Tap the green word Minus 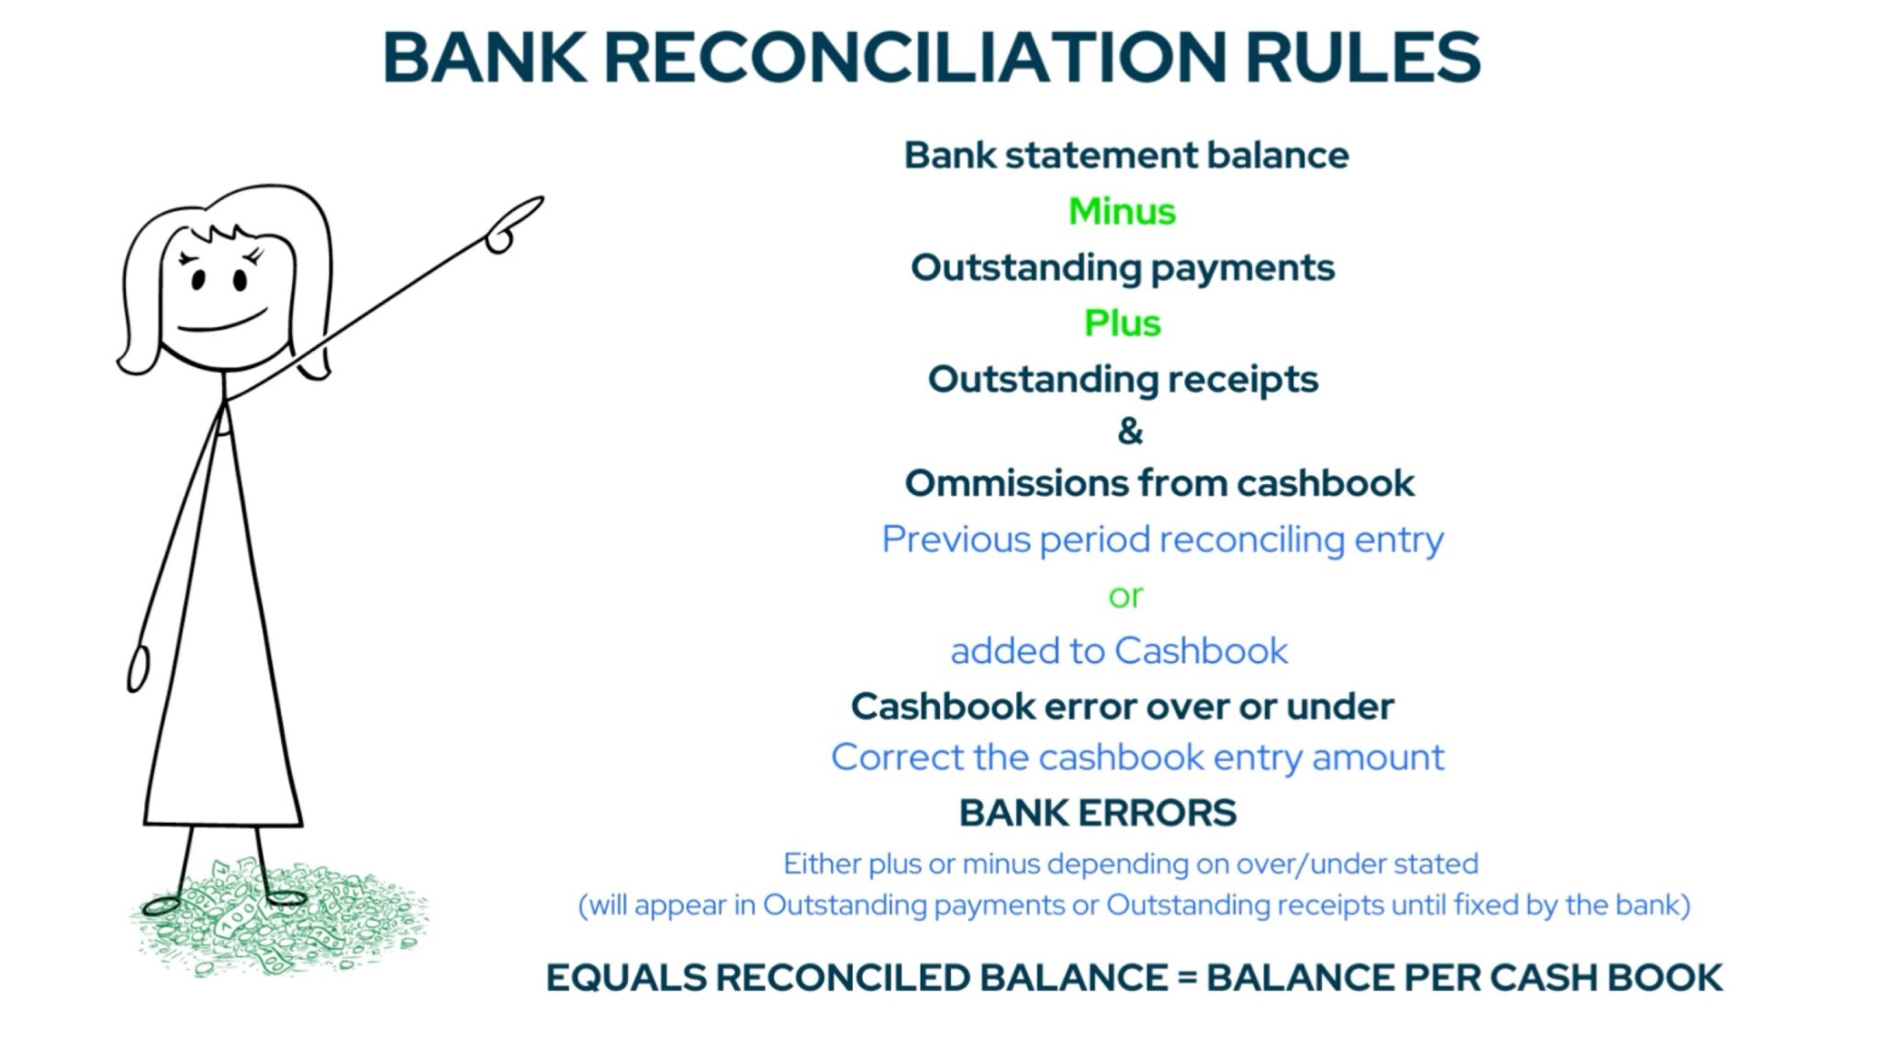point(1122,212)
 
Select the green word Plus point(1122,323)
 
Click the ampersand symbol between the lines point(1130,431)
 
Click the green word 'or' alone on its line point(1125,597)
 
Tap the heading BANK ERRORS point(1098,813)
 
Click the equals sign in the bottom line point(1187,978)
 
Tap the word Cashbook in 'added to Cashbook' point(1202,651)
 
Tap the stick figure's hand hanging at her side point(138,670)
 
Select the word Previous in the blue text point(956,539)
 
